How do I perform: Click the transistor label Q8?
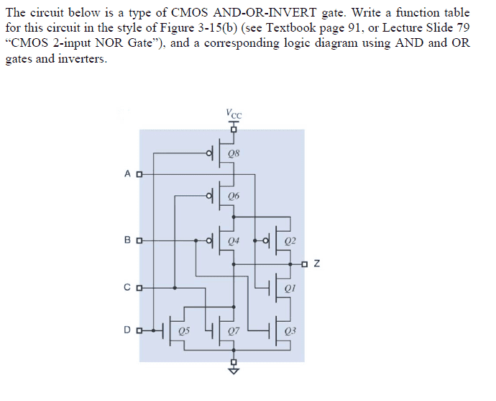(x=234, y=153)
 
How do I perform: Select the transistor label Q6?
(x=234, y=196)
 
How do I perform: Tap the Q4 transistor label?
(x=234, y=240)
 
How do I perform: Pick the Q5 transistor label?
(x=185, y=331)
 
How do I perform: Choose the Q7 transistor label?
(x=234, y=331)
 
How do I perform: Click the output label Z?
(x=317, y=264)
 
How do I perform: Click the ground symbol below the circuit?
(x=232, y=371)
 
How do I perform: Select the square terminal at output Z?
(x=306, y=264)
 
